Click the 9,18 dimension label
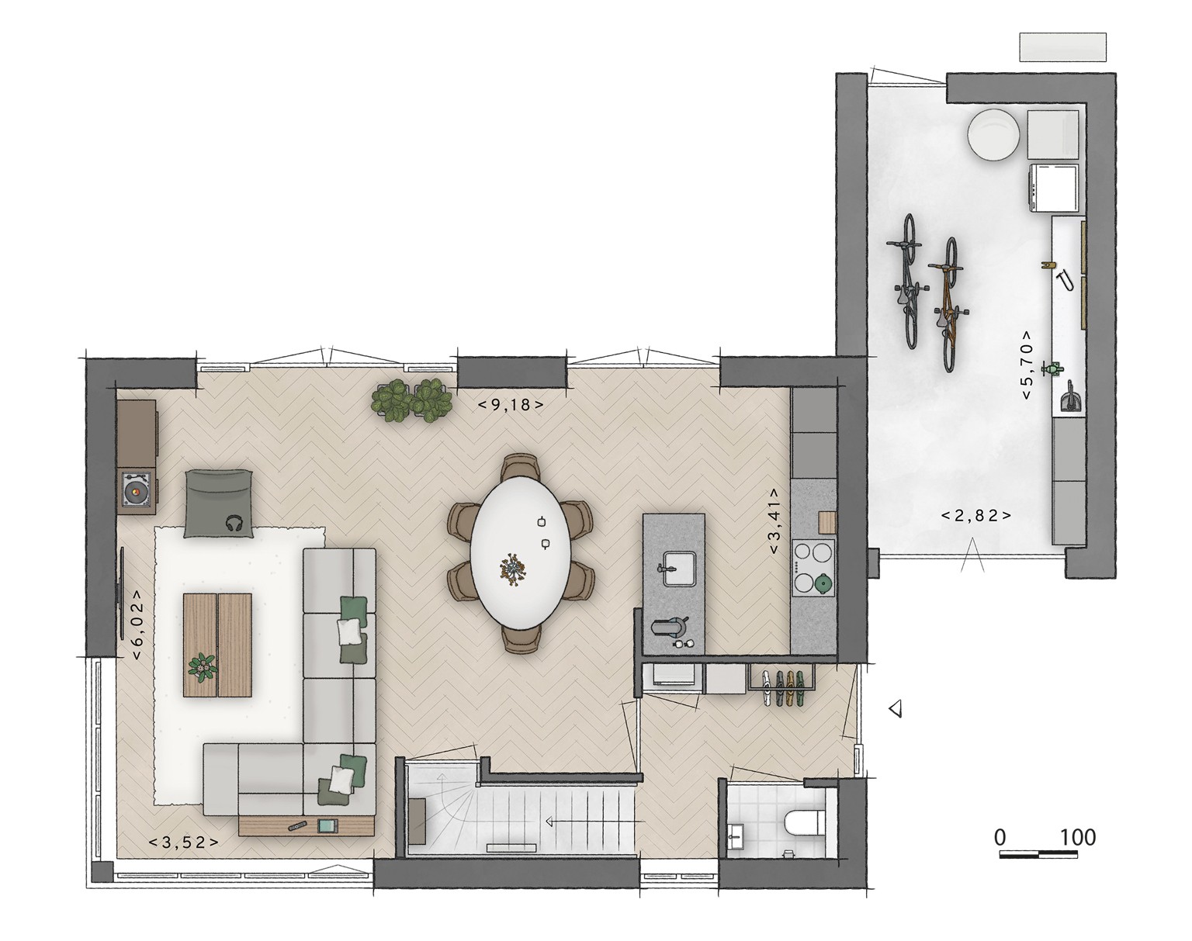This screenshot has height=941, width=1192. [510, 406]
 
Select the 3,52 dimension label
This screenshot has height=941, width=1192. [183, 842]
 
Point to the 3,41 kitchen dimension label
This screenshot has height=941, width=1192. [774, 521]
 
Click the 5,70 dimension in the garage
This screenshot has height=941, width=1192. [1026, 365]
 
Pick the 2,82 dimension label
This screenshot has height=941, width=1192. [976, 516]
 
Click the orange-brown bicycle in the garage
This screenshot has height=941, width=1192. [948, 304]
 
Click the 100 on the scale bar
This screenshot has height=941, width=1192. [1077, 837]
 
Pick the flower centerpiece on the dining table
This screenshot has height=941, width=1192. [513, 569]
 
